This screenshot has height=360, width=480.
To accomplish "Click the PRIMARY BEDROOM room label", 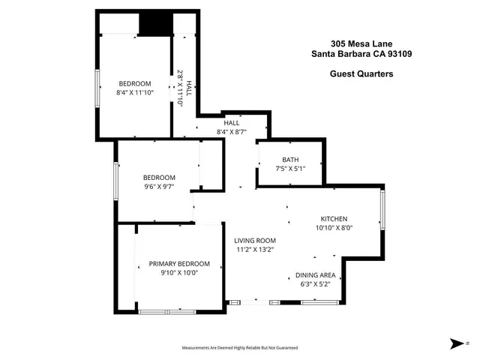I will [179, 264].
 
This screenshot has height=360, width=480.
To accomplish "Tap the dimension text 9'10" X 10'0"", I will [179, 274].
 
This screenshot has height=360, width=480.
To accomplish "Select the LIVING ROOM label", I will [256, 241].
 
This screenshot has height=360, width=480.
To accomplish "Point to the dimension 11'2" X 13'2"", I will [256, 250].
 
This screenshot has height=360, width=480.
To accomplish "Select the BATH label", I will [290, 160].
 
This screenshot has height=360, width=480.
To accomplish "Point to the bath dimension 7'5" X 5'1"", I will [290, 169].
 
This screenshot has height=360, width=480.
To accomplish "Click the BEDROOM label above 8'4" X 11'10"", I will [135, 83].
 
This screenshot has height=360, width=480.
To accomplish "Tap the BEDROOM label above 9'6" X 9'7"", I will [159, 178].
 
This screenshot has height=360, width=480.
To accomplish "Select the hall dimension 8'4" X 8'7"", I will [231, 132].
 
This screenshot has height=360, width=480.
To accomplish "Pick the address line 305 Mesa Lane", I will [361, 43].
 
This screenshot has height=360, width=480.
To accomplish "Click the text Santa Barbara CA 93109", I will [361, 53].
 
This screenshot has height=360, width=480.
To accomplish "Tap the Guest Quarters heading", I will [361, 73].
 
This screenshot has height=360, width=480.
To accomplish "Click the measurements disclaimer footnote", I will [240, 348].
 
